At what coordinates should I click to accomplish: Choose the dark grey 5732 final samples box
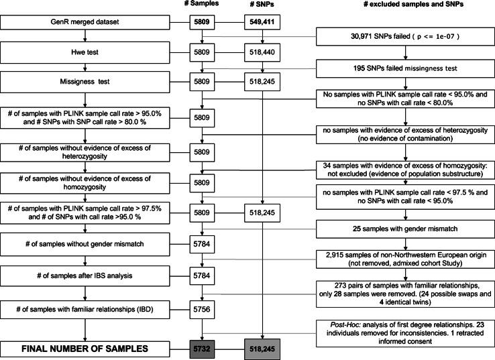click(x=203, y=349)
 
